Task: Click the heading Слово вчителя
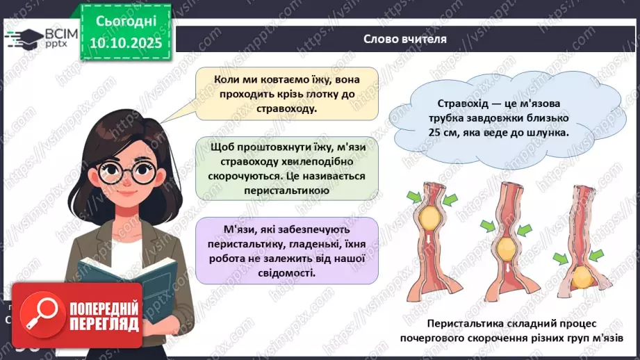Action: (404, 39)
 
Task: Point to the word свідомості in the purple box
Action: (285, 272)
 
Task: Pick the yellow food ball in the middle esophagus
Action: (507, 246)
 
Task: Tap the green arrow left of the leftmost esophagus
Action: (414, 199)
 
